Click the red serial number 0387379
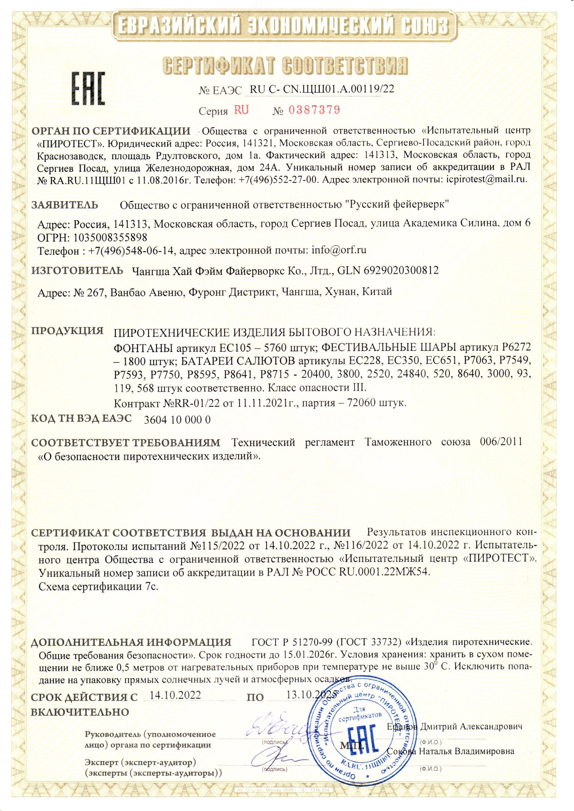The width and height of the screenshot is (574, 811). coord(314,110)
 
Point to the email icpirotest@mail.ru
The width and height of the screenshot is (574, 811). coord(485,179)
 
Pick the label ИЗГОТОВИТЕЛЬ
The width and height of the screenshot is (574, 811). coord(77,271)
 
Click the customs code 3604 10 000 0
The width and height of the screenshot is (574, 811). coord(178,420)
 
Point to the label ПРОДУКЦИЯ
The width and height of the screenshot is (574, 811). coord(68,331)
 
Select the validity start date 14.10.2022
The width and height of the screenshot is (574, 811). coord(175,695)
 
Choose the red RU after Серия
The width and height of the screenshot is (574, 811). coord(241,110)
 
